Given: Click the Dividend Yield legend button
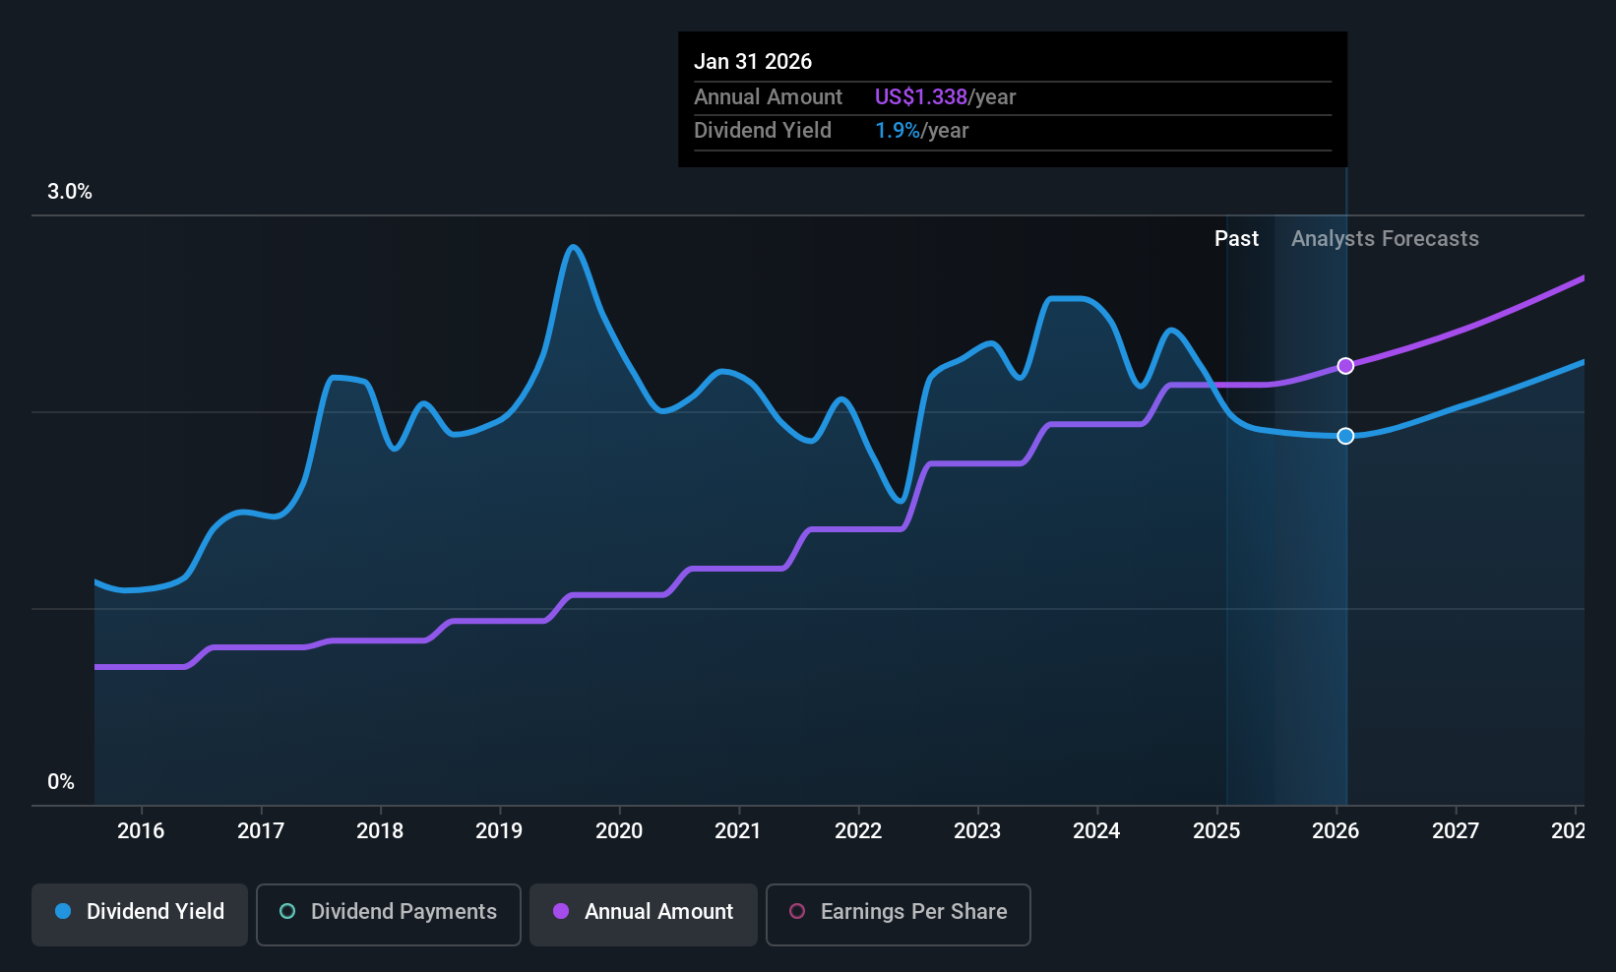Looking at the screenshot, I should (x=140, y=913).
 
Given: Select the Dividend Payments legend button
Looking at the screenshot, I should (x=388, y=913).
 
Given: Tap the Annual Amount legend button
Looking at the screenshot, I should (x=644, y=913).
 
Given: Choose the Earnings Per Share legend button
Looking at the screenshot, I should (x=898, y=913).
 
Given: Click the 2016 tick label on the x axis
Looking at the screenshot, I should (x=141, y=831).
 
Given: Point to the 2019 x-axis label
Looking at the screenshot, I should (x=499, y=831).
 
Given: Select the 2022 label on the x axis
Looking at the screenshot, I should (x=858, y=831).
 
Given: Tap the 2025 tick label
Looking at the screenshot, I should (x=1216, y=831).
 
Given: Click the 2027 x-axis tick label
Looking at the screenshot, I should (x=1456, y=831).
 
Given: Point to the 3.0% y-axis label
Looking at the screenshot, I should (x=70, y=192).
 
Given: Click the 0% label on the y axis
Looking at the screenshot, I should (x=61, y=782).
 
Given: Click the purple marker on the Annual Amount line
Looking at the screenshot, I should (x=1345, y=366).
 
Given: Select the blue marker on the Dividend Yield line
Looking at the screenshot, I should (x=1345, y=436).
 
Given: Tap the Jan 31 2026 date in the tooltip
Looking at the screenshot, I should (x=753, y=62).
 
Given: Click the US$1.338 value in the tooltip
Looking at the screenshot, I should (x=921, y=97).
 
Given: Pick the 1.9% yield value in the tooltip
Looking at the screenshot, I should (x=897, y=131).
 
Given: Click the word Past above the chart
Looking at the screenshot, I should (x=1236, y=239).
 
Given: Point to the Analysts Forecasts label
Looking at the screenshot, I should (x=1385, y=239).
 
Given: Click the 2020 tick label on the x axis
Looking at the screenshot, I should (x=619, y=831).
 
